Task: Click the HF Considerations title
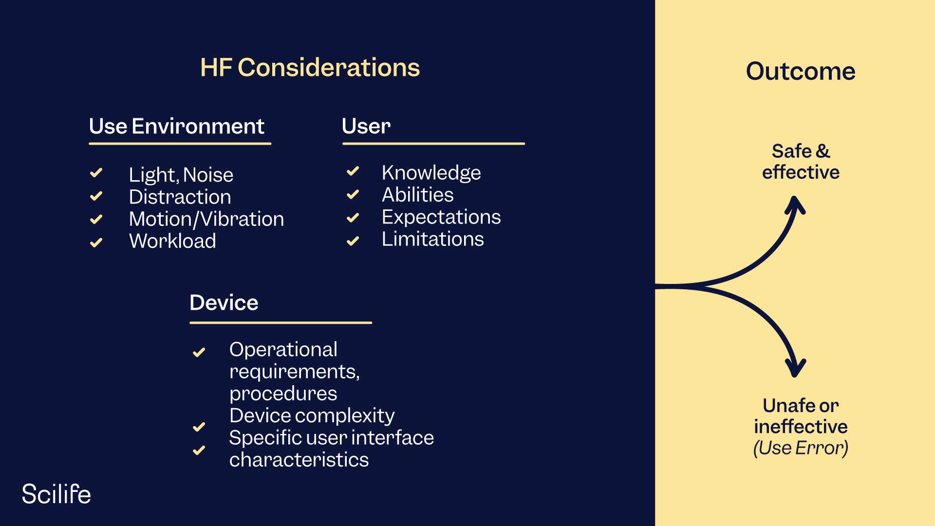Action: point(310,67)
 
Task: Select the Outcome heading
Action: point(800,71)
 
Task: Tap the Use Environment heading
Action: point(176,126)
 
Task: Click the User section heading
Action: point(366,126)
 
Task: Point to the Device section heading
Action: point(224,302)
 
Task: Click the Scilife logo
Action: point(56,494)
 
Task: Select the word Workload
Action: point(172,241)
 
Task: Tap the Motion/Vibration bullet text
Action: point(206,219)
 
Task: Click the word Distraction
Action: point(180,197)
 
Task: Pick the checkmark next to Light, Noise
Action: point(96,173)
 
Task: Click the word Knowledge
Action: point(431,172)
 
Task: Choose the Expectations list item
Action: point(441,217)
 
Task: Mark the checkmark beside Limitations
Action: point(353,241)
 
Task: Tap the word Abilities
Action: point(417,195)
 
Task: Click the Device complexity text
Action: point(312,415)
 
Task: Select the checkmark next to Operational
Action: point(199,352)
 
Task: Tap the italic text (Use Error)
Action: point(800,448)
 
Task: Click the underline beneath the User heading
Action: point(433,144)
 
